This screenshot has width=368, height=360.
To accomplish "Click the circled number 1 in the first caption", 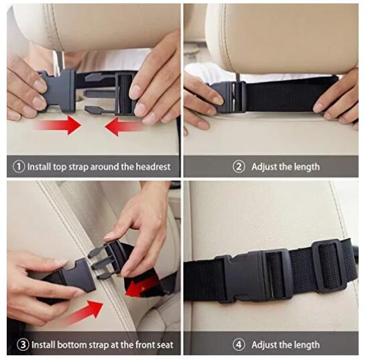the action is coord(19,167).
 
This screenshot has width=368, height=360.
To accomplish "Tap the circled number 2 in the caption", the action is coord(239,167).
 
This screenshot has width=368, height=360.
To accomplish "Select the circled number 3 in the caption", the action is coord(23,345).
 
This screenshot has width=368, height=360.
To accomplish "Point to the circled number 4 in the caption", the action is coord(239,345).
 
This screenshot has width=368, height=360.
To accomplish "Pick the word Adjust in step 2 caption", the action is coord(264,167).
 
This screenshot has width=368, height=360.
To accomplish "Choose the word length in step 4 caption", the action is coord(306,345).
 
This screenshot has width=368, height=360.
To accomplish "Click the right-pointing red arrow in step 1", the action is coord(59,125).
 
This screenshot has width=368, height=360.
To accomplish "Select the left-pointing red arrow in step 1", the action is coord(124,127).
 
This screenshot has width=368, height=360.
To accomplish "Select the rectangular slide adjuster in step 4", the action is coord(329,266).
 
